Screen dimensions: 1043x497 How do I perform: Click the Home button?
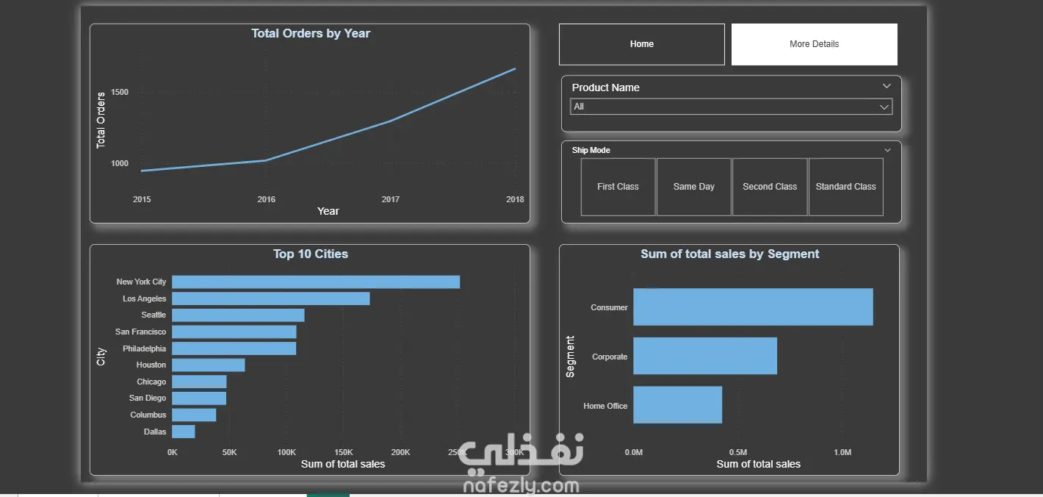pos(642,44)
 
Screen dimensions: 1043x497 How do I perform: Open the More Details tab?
pos(815,44)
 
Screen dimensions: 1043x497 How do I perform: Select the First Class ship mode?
pos(618,187)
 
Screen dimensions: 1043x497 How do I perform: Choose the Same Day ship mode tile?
pos(694,187)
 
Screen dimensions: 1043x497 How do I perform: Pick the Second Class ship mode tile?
pos(770,187)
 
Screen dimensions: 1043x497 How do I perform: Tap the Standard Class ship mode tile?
pos(846,187)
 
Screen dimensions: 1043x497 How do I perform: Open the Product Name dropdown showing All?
pos(731,107)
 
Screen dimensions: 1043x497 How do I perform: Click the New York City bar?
pos(316,282)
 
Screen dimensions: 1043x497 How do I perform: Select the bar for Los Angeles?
pos(271,298)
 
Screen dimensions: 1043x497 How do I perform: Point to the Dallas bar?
pos(184,432)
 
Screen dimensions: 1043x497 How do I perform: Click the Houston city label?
pos(151,365)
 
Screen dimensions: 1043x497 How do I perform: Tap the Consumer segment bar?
pos(753,307)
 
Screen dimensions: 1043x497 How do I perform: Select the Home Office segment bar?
pos(677,404)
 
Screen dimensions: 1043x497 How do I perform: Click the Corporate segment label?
pos(610,357)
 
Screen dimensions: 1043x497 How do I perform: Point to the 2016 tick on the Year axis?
pos(267,199)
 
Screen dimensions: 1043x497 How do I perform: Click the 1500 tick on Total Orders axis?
pos(120,93)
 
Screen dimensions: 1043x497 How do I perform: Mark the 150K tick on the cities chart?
pos(344,452)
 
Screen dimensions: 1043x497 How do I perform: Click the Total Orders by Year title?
pos(311,34)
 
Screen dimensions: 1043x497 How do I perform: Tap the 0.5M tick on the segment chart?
pos(738,452)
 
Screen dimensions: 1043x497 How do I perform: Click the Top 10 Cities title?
pos(311,254)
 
